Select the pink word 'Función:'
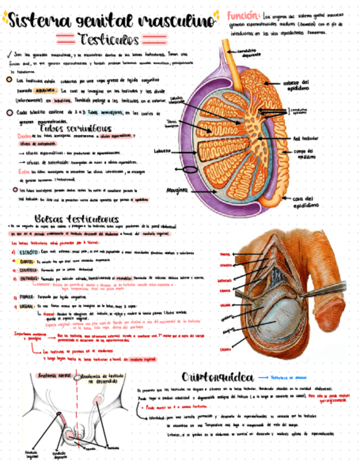[243, 16]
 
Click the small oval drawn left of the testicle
[189, 169]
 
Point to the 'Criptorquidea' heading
[218, 377]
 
